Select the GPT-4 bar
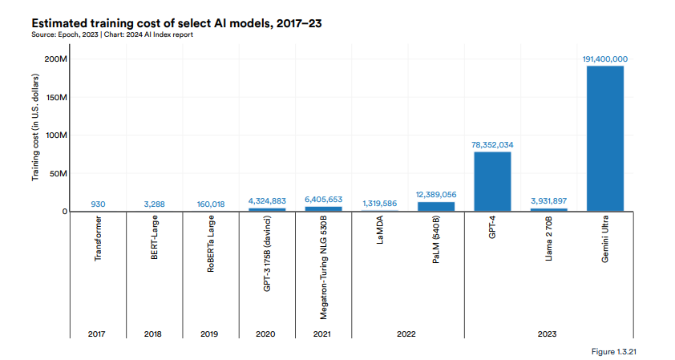click(492, 181)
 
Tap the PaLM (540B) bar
click(436, 207)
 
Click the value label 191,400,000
click(604, 59)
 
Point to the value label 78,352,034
click(492, 144)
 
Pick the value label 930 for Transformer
click(98, 204)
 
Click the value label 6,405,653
click(323, 199)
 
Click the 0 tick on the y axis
click(63, 212)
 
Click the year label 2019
click(210, 333)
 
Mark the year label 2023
click(548, 333)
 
